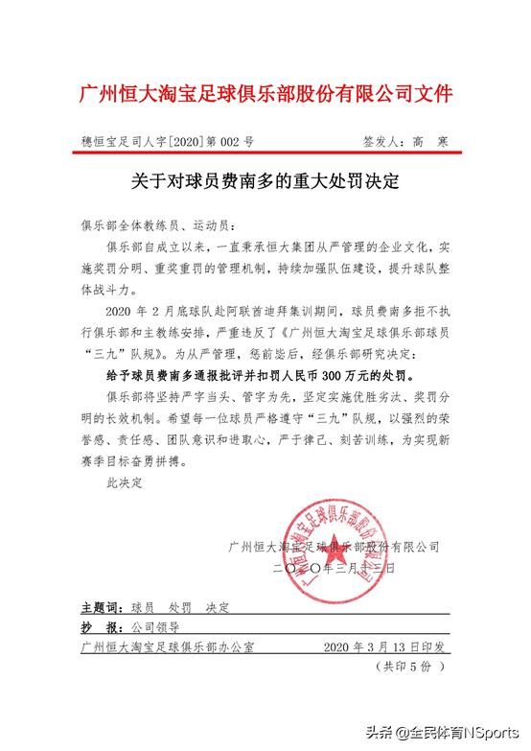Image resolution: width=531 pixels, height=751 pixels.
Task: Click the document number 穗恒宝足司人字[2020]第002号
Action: (169, 142)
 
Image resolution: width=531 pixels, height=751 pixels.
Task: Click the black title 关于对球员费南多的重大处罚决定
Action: (265, 180)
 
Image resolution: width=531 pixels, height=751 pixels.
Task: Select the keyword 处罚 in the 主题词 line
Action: (179, 608)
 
